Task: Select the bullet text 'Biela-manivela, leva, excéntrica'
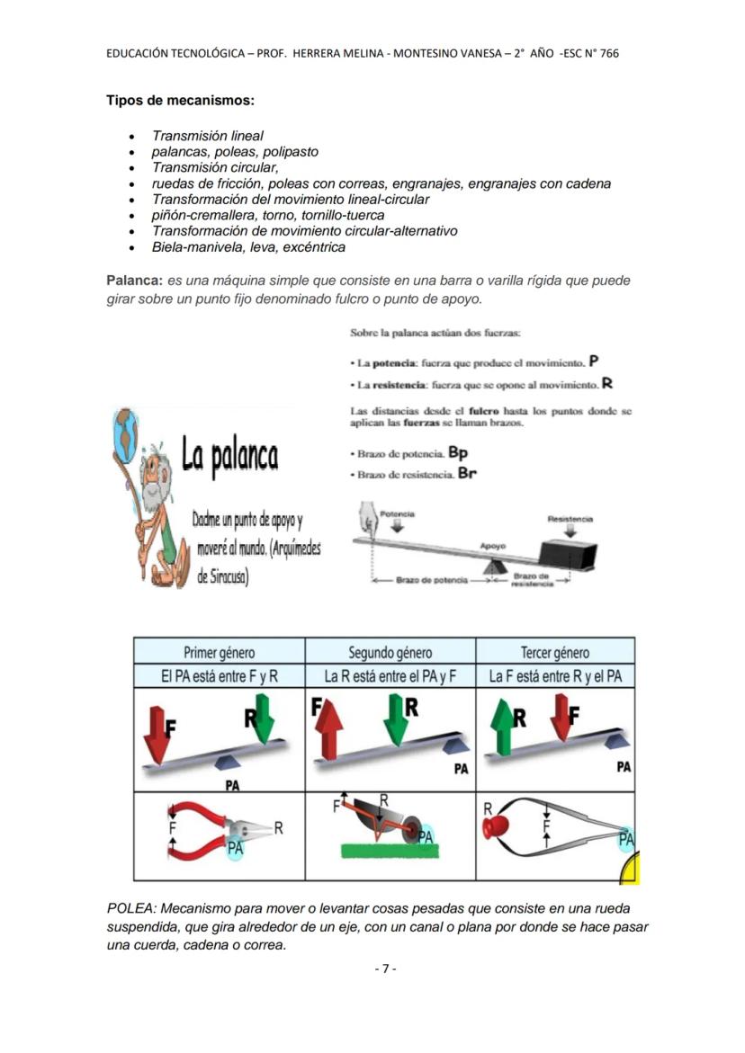point(248,247)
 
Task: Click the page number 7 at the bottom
point(384,968)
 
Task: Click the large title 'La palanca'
point(229,456)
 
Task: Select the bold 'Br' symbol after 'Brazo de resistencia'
point(466,473)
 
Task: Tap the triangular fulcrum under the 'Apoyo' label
point(492,566)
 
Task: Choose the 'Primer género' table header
point(219,653)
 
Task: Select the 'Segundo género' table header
point(390,653)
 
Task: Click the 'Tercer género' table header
point(554,653)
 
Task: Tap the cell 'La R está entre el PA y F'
point(390,676)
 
